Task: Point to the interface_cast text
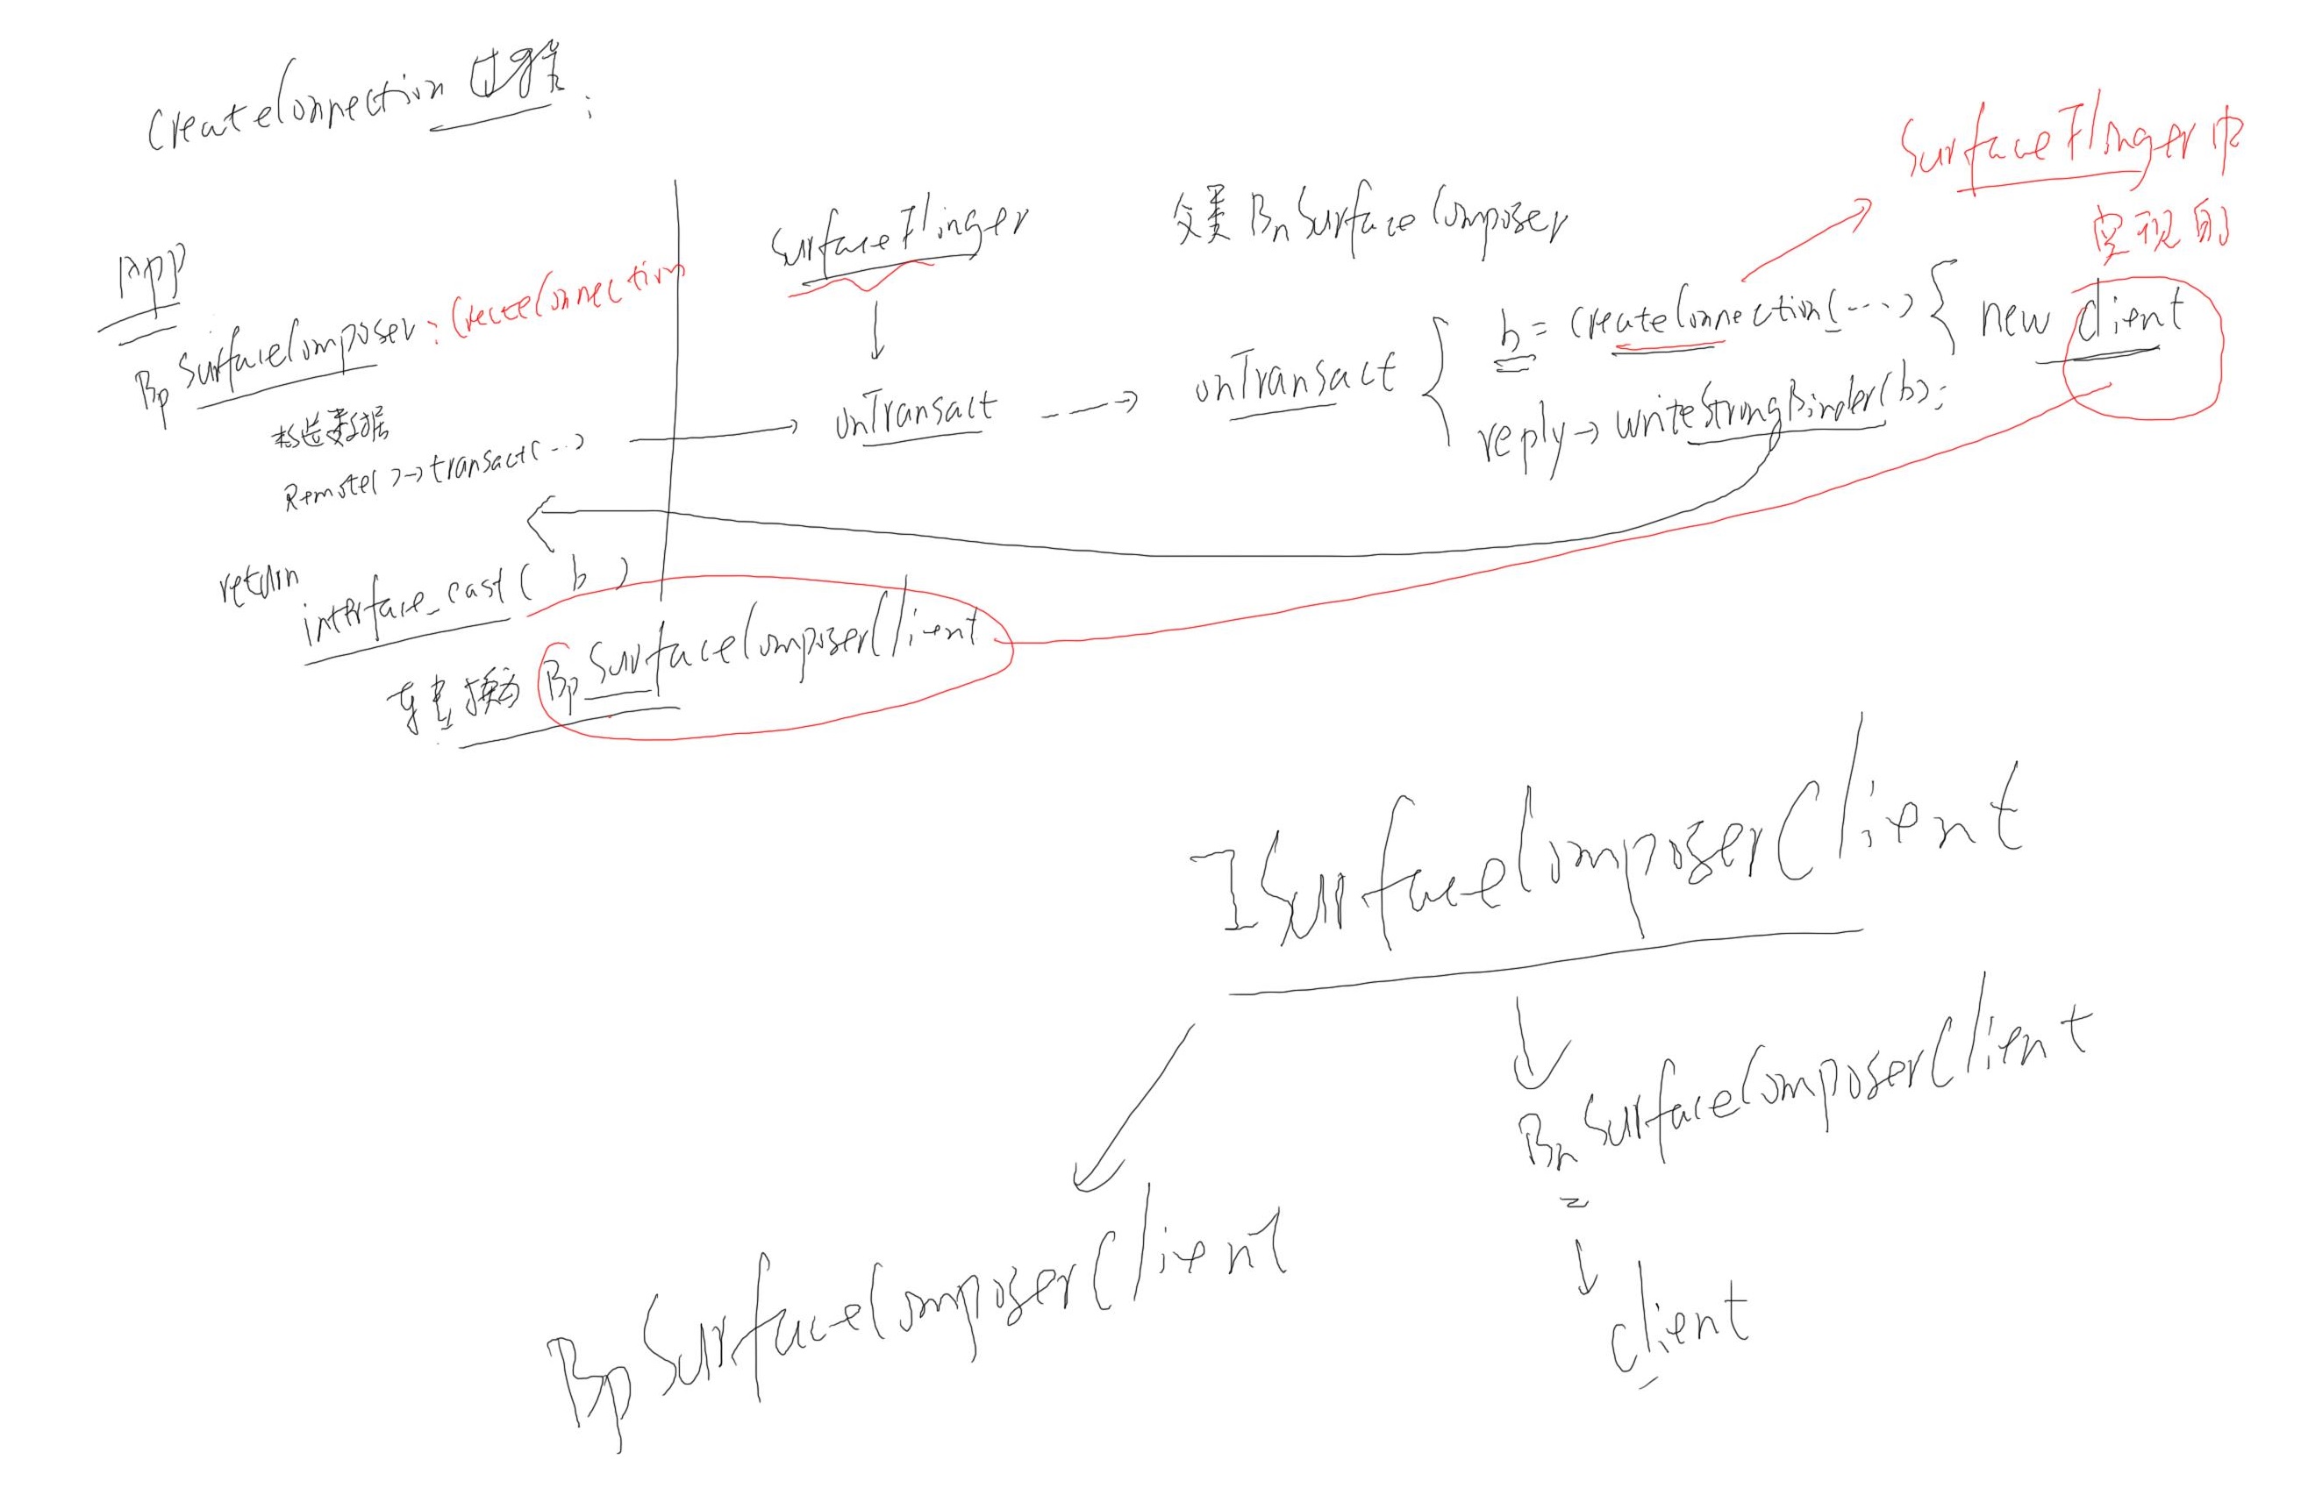[x=406, y=604]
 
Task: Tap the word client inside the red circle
[x=2130, y=319]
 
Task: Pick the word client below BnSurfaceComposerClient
[x=1679, y=1328]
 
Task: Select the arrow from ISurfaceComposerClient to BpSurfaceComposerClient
[x=1131, y=1111]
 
